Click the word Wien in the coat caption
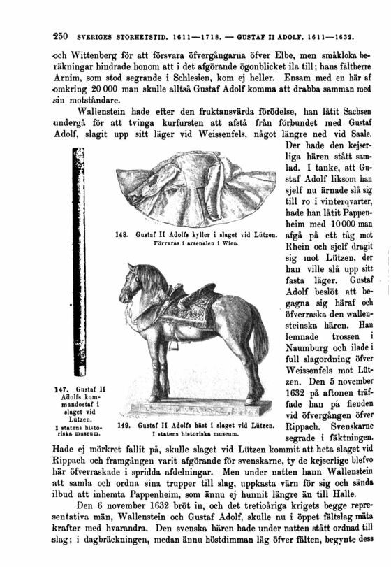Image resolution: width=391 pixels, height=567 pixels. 246,244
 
